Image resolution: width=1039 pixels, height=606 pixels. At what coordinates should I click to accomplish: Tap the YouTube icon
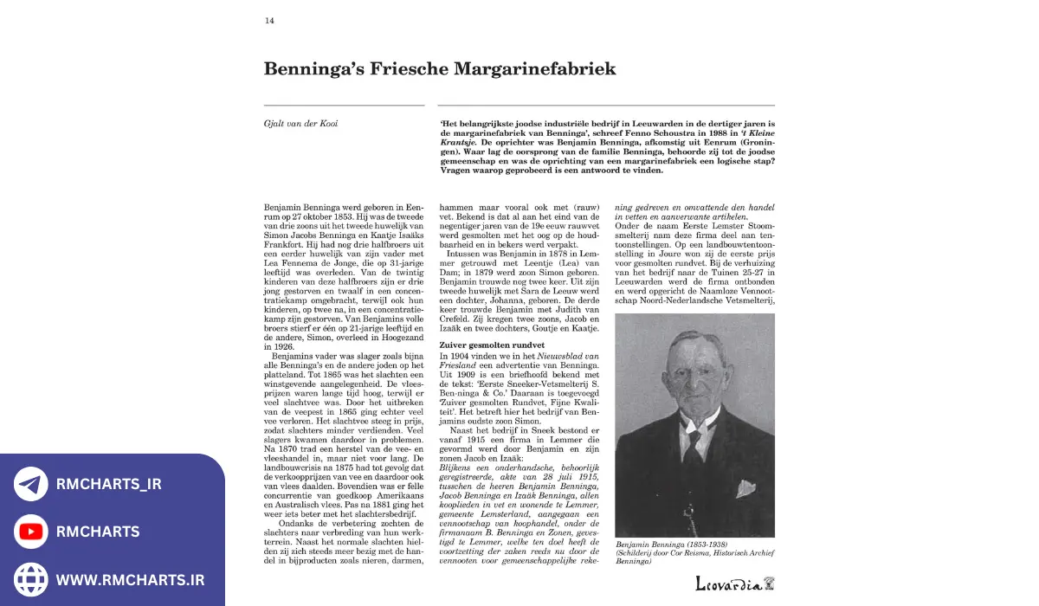(31, 532)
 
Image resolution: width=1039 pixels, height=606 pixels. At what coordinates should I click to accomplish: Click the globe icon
(31, 578)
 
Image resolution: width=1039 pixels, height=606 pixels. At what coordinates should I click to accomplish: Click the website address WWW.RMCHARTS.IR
(130, 579)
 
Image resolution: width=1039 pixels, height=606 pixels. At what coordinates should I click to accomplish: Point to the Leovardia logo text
(728, 584)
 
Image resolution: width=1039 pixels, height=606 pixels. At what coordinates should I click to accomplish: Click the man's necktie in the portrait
(694, 446)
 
